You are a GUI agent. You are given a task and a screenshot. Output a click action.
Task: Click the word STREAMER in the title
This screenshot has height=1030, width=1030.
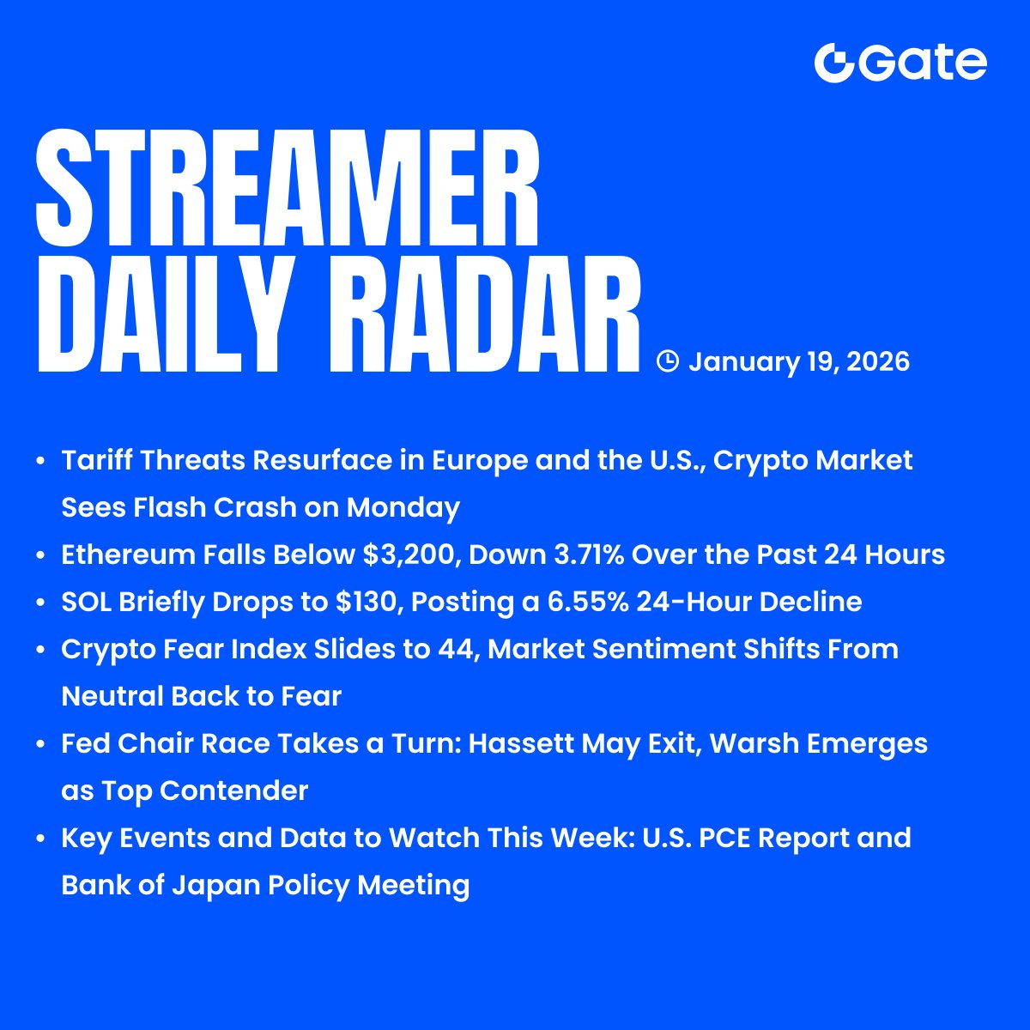(x=288, y=189)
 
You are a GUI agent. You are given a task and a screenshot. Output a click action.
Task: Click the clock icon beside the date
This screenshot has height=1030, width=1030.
(x=667, y=361)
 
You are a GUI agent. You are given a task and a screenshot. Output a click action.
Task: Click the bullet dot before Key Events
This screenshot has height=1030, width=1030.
(x=40, y=839)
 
